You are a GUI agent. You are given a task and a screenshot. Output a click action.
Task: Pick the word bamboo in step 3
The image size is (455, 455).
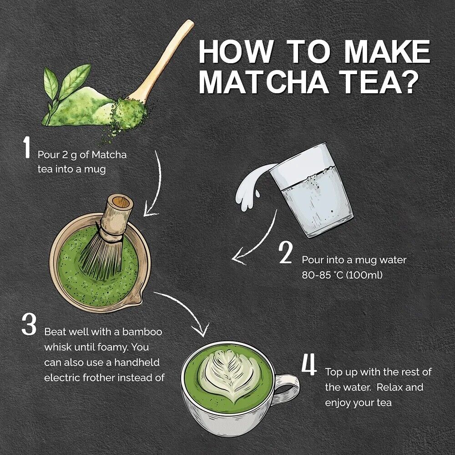coord(142,332)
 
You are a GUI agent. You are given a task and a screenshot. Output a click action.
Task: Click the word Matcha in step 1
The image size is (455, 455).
coord(109,155)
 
